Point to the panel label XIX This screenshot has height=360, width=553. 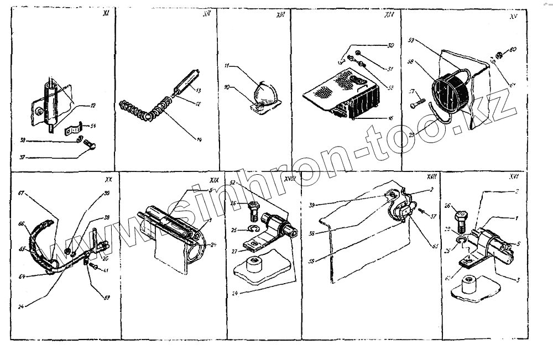[213, 180]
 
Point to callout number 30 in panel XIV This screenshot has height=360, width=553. [391, 45]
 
